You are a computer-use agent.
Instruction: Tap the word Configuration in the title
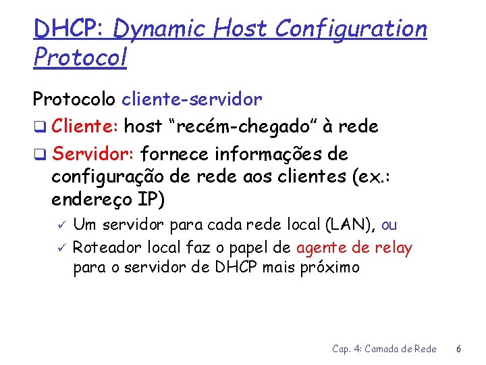tap(351, 29)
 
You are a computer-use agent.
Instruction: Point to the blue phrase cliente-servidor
tap(192, 99)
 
